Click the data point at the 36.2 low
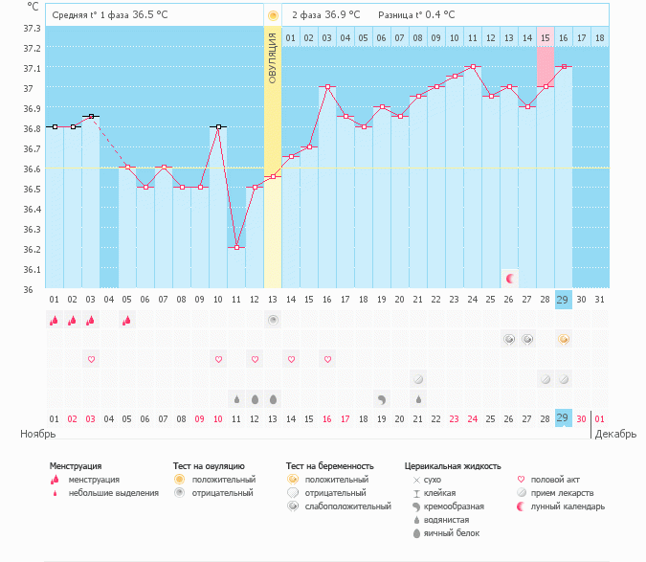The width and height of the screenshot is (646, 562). coord(236,247)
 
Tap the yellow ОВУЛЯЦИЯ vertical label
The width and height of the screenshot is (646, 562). coord(273,57)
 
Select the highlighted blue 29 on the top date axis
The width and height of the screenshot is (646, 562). coord(563,300)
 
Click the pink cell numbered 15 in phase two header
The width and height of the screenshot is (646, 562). coord(545,38)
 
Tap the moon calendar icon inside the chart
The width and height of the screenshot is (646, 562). coord(511,278)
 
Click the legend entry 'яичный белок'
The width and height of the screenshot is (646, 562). coord(451,532)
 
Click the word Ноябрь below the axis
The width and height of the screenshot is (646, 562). coord(37,434)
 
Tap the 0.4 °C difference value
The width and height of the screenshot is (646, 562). coord(439,15)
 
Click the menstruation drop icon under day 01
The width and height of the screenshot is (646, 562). coord(55,321)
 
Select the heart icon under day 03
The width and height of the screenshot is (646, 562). coord(91,359)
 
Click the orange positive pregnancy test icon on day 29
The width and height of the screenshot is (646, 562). coord(564,339)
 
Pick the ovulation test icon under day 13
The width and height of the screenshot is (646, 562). coord(273,320)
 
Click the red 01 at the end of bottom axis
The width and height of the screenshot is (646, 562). coord(599,418)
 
